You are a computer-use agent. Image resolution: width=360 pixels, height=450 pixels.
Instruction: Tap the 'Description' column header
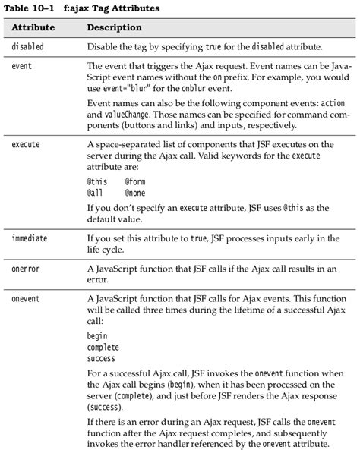coord(115,28)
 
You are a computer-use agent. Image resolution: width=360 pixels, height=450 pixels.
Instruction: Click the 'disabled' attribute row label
coord(28,47)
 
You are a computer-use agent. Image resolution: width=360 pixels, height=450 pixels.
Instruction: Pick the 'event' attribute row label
coord(22,67)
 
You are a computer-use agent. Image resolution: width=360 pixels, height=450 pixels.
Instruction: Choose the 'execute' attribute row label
coord(26,144)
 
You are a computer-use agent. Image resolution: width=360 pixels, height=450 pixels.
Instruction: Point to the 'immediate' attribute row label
coord(30,238)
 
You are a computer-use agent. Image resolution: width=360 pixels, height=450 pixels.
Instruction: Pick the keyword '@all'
coord(95,194)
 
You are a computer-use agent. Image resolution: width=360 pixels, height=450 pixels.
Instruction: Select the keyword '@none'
coord(135,194)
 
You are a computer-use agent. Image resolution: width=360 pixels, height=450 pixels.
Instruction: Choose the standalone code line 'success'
coord(102,358)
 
